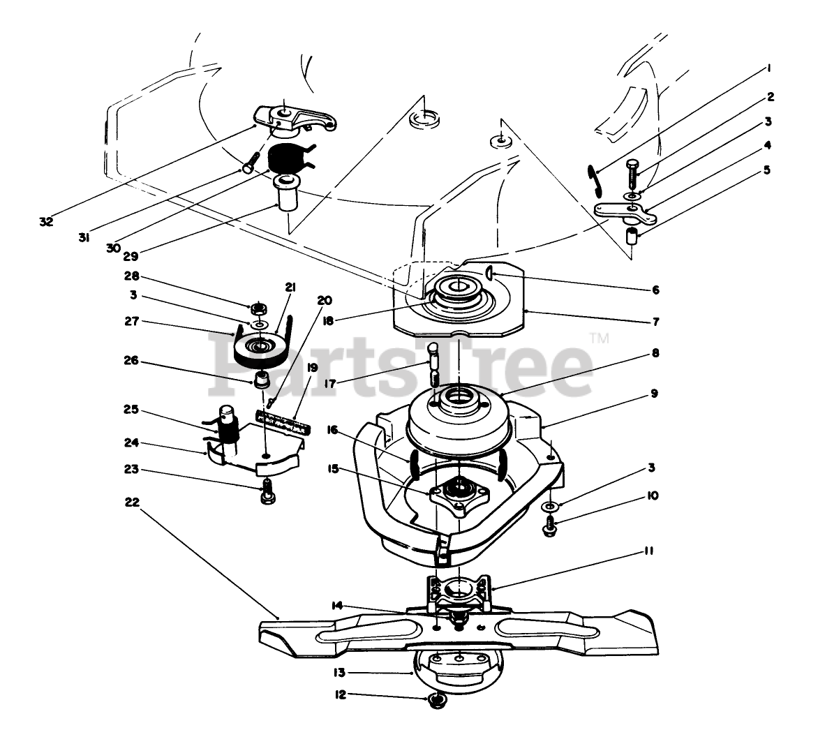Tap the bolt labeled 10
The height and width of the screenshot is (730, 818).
[550, 525]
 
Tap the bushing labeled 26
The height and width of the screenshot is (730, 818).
[261, 380]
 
